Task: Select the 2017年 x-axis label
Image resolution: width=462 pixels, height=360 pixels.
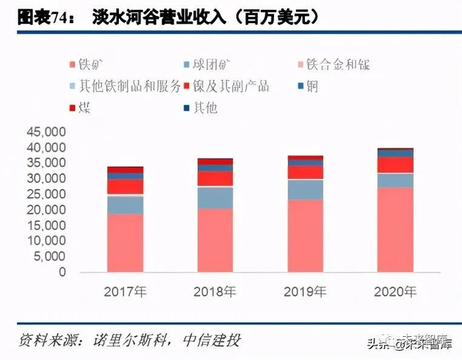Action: [x=125, y=291]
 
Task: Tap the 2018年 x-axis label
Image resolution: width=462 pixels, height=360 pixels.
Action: [x=214, y=291]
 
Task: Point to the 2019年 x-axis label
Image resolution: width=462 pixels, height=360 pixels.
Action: [x=305, y=291]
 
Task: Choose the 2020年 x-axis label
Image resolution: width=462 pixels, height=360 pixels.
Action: [x=395, y=291]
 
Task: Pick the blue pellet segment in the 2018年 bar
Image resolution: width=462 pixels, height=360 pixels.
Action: [x=214, y=198]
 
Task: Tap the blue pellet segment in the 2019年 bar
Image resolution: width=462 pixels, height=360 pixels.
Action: [x=305, y=190]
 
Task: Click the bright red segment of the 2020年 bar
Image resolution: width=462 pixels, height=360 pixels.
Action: [x=395, y=165]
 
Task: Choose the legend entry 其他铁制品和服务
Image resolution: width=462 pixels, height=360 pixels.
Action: [x=122, y=86]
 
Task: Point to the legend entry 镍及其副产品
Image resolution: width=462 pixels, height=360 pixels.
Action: [x=231, y=86]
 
